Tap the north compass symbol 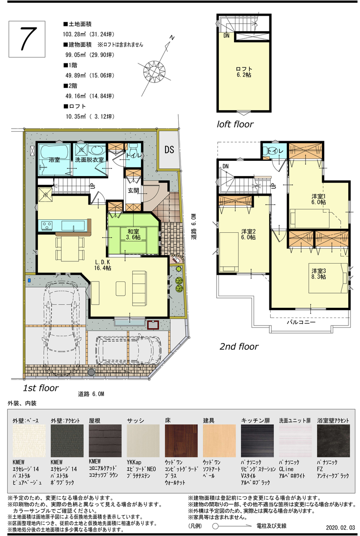tap(154, 70)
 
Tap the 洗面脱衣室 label tap(89, 159)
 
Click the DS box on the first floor tap(169, 150)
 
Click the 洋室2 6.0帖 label tap(249, 234)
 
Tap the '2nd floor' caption tap(239, 346)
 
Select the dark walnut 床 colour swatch tap(181, 440)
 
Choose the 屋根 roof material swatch tap(105, 440)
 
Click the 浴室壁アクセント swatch tap(333, 440)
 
